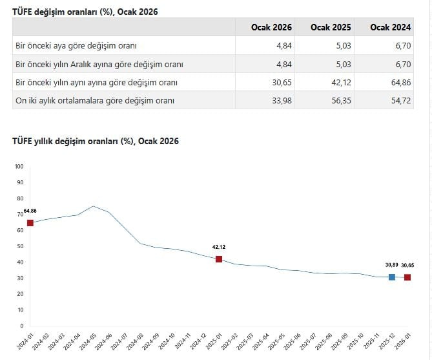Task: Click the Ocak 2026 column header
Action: pyautogui.click(x=272, y=27)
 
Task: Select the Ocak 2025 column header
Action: pyautogui.click(x=331, y=27)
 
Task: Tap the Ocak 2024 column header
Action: pyautogui.click(x=391, y=27)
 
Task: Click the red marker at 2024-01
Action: pyautogui.click(x=30, y=223)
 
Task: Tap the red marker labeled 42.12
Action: pyautogui.click(x=219, y=259)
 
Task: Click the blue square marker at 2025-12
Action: pyautogui.click(x=391, y=277)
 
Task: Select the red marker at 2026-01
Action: pyautogui.click(x=407, y=277)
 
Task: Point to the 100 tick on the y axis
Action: pyautogui.click(x=19, y=167)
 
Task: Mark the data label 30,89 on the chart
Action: pyautogui.click(x=391, y=265)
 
